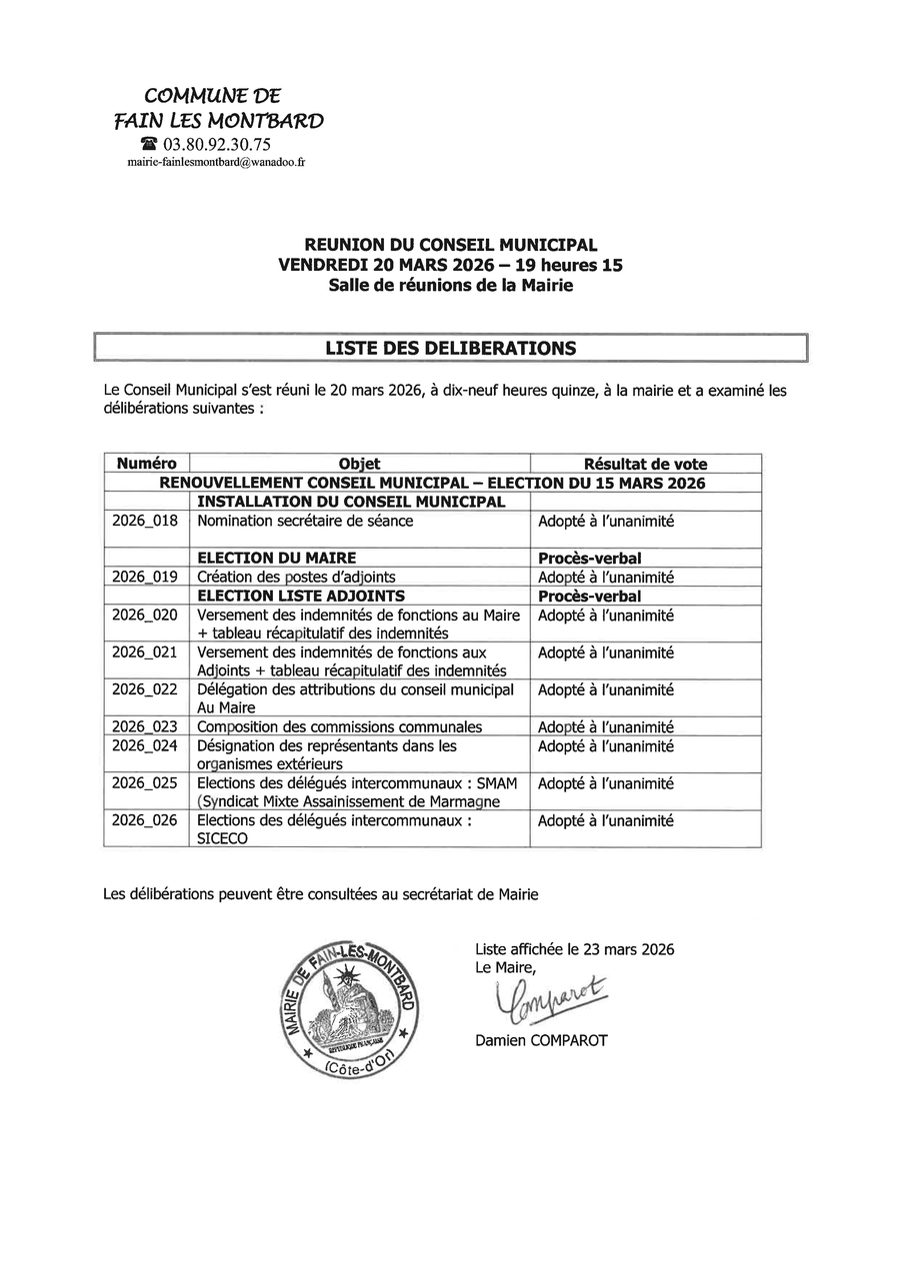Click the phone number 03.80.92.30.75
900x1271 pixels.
coord(217,144)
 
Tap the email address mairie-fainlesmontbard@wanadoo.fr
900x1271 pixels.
coord(216,161)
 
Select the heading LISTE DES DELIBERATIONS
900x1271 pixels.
coord(450,348)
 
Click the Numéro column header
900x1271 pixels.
coord(146,464)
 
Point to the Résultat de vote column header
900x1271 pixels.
coord(645,464)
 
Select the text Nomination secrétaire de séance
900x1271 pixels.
coord(305,521)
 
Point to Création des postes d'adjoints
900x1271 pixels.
coord(296,577)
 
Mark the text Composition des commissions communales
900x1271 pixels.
coord(340,726)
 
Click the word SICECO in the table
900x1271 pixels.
coord(223,839)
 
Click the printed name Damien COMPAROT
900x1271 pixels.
coord(541,1040)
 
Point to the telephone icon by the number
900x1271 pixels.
coord(149,144)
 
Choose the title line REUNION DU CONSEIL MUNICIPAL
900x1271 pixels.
coord(450,245)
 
